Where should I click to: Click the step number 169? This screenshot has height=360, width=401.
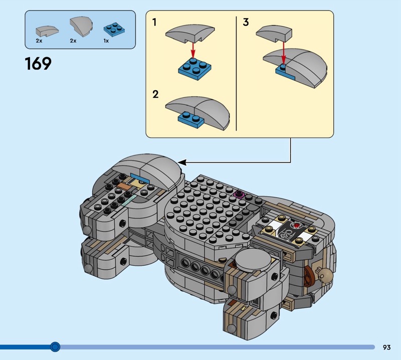click(x=38, y=64)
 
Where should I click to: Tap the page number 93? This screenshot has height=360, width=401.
click(x=386, y=347)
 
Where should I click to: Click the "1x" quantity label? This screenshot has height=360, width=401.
click(x=106, y=41)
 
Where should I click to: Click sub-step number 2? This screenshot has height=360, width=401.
click(x=155, y=94)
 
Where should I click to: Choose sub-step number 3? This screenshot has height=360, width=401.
click(x=246, y=22)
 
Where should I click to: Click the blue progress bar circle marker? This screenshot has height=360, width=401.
click(x=55, y=346)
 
